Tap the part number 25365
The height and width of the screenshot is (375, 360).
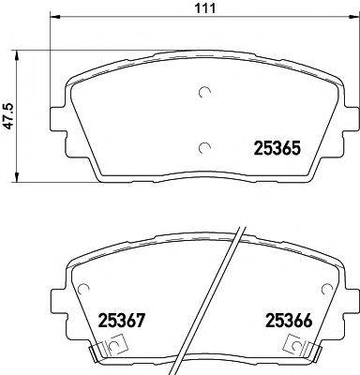277,146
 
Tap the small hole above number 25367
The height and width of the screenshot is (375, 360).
84,289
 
